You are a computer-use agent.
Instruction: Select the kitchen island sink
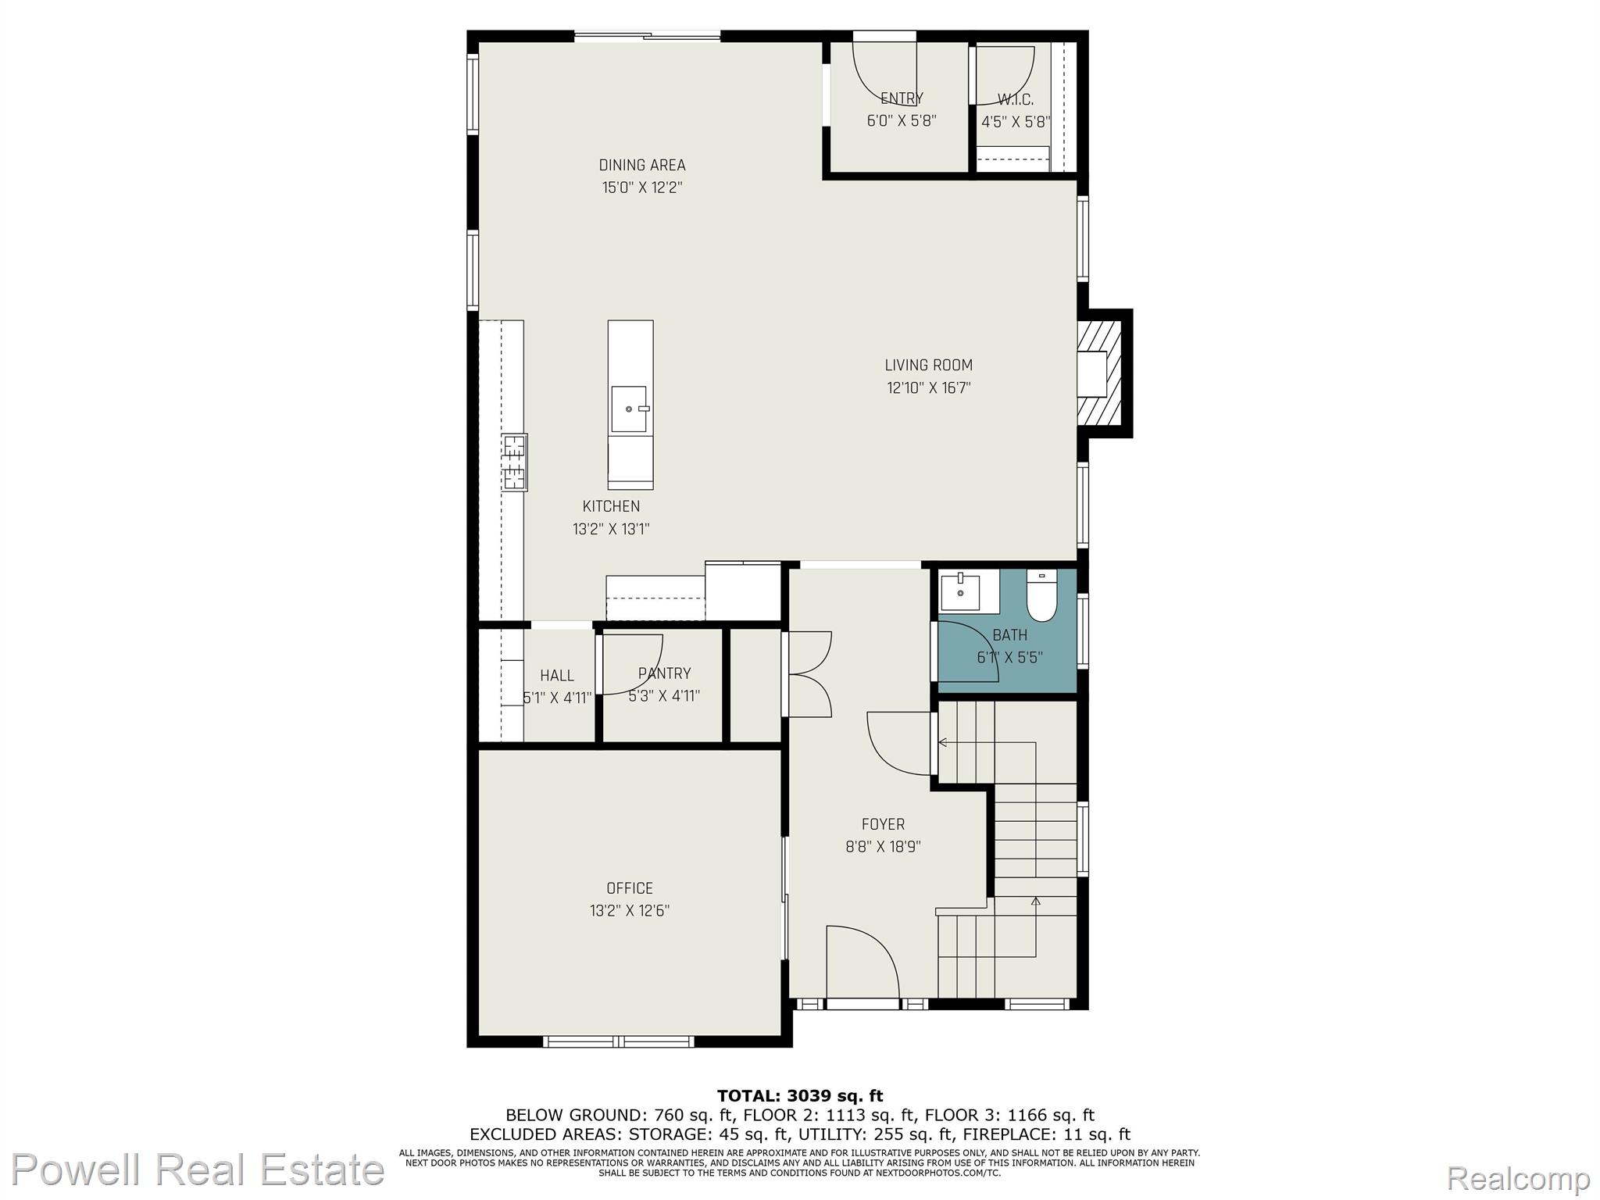pos(630,409)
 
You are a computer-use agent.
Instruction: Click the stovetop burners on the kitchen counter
pos(515,462)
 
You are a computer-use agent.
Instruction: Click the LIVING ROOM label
pos(928,365)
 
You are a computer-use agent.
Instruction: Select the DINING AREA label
pos(642,165)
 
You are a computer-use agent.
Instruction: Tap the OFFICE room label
pos(630,888)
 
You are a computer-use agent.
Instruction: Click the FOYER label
pos(883,824)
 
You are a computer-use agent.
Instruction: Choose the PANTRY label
pos(664,673)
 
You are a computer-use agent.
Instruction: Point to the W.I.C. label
pos(1016,100)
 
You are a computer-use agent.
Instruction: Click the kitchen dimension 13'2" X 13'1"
pos(611,529)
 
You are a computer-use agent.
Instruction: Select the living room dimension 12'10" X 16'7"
pos(928,387)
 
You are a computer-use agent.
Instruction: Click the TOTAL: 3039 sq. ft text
pos(800,1096)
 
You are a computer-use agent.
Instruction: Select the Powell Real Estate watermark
pos(198,1170)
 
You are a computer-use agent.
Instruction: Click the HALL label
pos(557,676)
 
